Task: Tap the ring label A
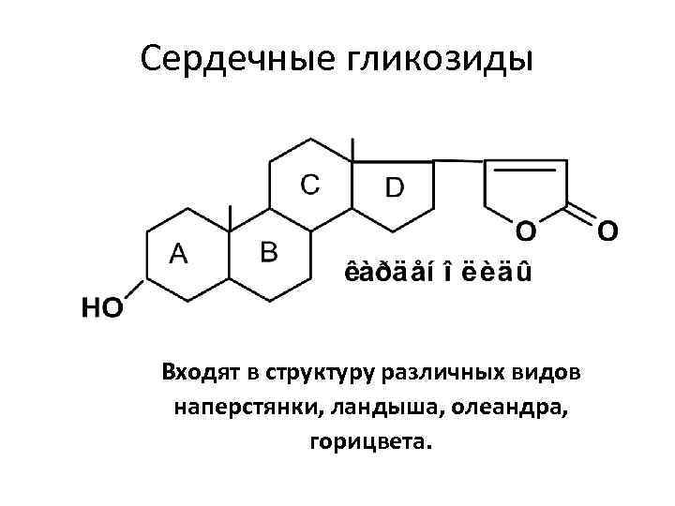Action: click(x=177, y=252)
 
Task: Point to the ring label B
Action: click(x=268, y=250)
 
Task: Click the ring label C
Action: click(x=309, y=183)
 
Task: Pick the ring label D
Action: click(x=395, y=187)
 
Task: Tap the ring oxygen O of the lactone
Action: click(x=526, y=230)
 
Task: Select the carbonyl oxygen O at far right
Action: click(x=607, y=230)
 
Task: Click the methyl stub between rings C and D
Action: click(x=352, y=150)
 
